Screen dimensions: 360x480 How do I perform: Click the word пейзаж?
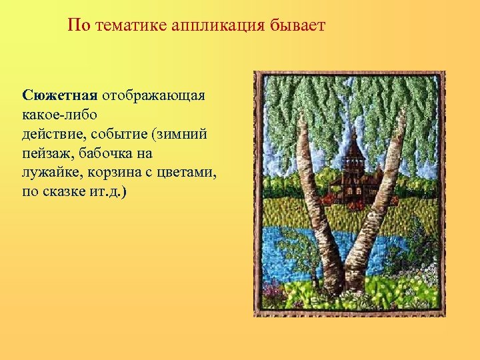[47, 153]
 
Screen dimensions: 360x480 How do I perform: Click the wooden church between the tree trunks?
[350, 177]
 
